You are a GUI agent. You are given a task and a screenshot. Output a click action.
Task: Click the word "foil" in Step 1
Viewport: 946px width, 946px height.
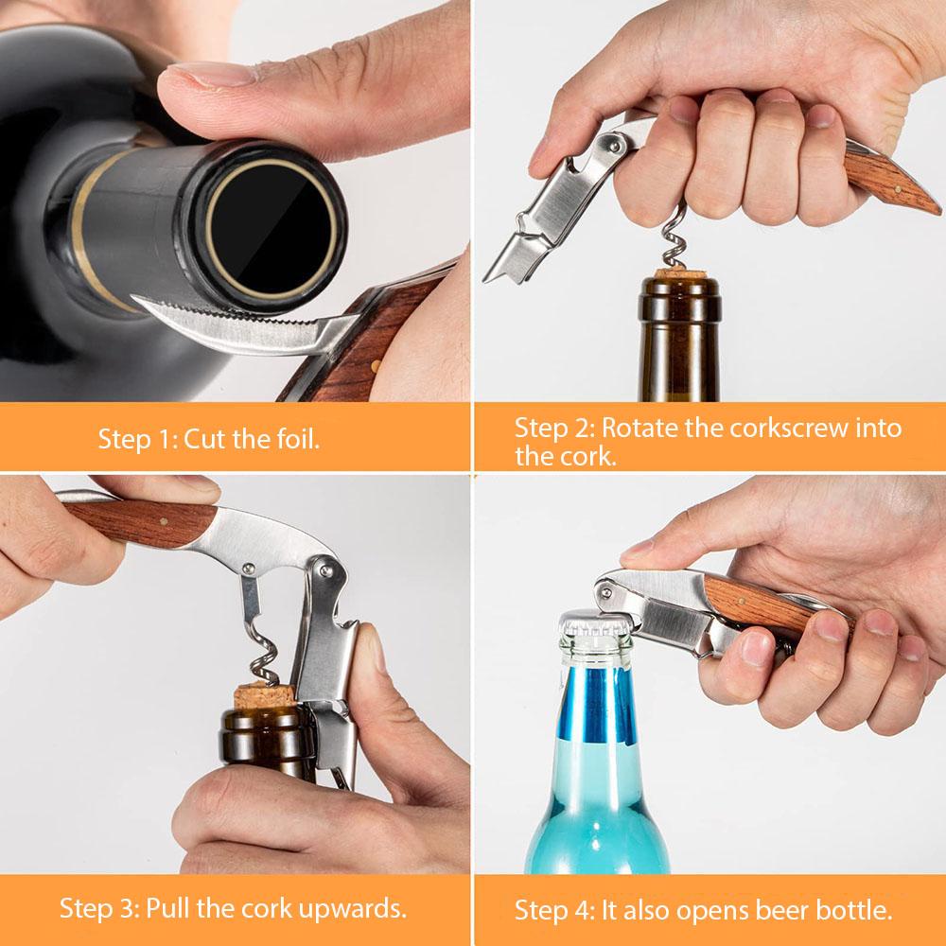(297, 439)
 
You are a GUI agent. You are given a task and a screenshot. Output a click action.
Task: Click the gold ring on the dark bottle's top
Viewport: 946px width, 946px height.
(271, 229)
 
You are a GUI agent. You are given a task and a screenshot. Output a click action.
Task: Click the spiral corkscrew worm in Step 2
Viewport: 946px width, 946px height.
(674, 236)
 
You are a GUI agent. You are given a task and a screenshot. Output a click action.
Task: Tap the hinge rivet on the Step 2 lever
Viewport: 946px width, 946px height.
(614, 144)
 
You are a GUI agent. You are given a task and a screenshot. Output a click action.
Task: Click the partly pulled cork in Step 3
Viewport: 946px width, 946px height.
(264, 695)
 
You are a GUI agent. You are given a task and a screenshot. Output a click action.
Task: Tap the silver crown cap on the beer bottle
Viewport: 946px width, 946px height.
(595, 623)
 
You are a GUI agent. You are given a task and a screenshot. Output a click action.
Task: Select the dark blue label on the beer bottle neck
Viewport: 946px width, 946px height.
(597, 705)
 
